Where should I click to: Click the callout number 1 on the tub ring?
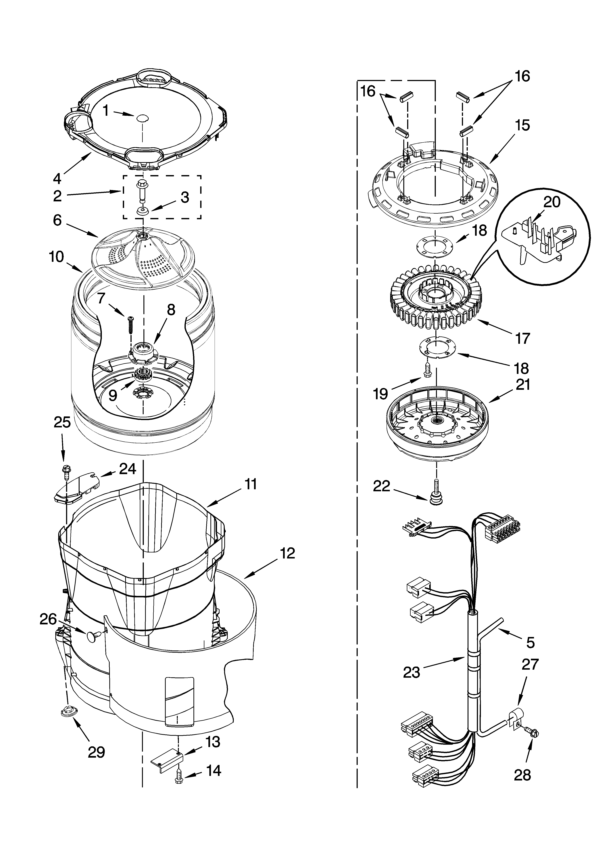click(x=106, y=111)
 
